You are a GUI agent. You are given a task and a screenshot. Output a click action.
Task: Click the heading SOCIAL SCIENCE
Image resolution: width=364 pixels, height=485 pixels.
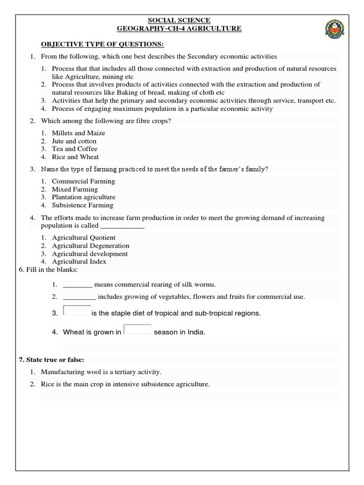click(180, 20)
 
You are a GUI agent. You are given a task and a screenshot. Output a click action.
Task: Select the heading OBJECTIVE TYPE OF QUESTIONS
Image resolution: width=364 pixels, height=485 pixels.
click(102, 44)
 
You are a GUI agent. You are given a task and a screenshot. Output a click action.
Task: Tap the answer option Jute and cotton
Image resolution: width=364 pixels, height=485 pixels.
click(74, 141)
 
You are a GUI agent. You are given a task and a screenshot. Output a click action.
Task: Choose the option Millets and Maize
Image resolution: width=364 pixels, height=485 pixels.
click(79, 133)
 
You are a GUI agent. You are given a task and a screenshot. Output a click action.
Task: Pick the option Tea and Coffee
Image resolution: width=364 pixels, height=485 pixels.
click(74, 149)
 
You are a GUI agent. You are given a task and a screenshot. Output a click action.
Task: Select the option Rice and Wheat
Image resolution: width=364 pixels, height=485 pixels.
click(75, 157)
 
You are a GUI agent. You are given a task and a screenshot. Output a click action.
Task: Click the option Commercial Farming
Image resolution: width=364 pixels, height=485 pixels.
click(83, 181)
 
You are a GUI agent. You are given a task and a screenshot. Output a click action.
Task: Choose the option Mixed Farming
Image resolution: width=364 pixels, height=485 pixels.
click(75, 189)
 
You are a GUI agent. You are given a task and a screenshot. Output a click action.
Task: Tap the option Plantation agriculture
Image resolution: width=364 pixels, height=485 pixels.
click(83, 197)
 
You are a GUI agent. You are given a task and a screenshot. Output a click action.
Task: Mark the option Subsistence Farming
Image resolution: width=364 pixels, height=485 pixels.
click(82, 205)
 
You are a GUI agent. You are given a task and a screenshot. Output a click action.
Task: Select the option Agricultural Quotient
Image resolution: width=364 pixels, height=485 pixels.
click(83, 238)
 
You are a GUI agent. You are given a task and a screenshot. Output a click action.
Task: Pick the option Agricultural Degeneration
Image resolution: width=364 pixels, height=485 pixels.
click(91, 246)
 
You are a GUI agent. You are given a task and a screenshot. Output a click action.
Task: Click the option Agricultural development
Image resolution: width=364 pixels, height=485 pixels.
click(90, 254)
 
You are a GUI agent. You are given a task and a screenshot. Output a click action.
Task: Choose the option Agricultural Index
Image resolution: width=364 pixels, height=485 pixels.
click(79, 261)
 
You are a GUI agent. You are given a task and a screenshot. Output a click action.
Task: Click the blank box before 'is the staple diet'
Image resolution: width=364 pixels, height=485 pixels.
click(77, 311)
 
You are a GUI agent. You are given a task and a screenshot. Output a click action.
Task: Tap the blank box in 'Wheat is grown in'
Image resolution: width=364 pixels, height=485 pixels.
click(137, 330)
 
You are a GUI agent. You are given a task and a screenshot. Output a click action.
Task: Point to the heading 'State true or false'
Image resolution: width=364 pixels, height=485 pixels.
click(51, 360)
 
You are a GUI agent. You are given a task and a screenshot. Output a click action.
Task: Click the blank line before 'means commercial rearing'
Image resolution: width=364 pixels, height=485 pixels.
click(77, 285)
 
